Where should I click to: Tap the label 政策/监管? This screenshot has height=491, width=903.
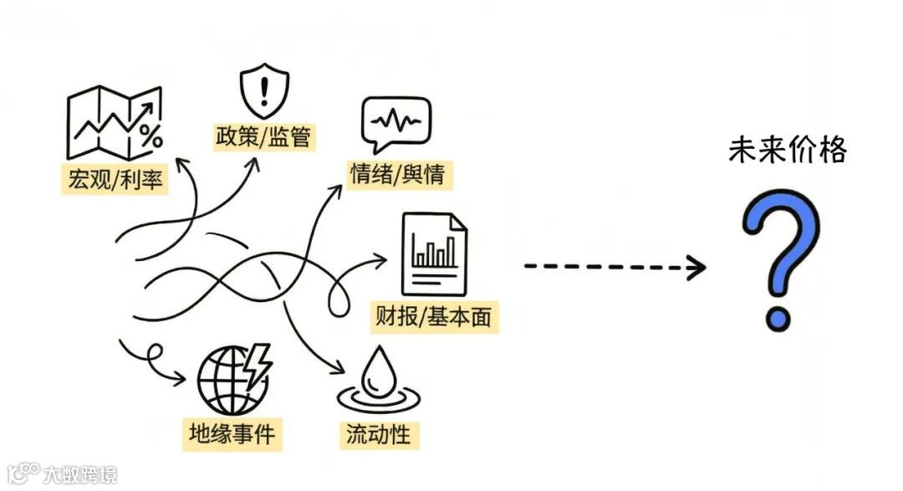tap(263, 136)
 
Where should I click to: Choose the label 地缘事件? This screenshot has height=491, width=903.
tap(232, 434)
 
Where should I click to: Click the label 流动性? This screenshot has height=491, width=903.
tap(377, 434)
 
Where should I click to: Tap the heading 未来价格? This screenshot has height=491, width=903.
tap(787, 151)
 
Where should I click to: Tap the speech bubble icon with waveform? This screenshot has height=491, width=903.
tap(395, 123)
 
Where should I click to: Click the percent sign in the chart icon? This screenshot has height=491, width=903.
tap(150, 136)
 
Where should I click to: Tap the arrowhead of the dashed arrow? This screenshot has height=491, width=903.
tap(696, 267)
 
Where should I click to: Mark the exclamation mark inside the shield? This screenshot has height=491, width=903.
tap(263, 89)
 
